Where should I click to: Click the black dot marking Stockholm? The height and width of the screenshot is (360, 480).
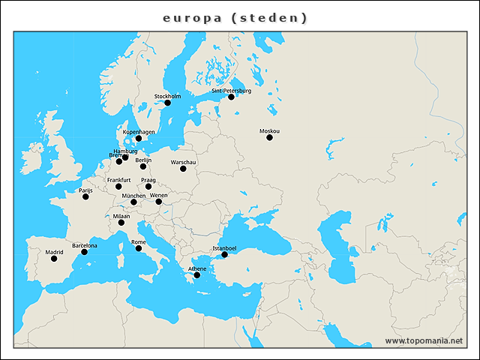(167, 103)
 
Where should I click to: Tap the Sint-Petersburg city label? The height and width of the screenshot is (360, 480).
(231, 91)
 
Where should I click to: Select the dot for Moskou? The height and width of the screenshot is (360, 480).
(269, 137)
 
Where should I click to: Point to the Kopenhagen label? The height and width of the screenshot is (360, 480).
(139, 132)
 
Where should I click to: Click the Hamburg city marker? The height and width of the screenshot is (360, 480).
(125, 157)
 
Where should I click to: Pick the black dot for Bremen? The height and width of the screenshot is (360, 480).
(119, 161)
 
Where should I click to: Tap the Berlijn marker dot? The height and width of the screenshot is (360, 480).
(143, 166)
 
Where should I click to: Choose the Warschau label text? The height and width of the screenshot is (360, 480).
(184, 162)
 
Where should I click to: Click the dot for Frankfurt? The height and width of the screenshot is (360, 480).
(118, 187)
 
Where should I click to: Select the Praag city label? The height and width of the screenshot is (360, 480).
(148, 180)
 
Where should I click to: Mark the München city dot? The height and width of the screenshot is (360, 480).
(133, 202)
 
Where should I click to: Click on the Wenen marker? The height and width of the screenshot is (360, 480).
(158, 202)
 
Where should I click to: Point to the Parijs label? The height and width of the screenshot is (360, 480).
(85, 190)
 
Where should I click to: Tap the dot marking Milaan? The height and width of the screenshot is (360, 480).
(121, 223)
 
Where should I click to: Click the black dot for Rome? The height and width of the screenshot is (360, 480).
(138, 248)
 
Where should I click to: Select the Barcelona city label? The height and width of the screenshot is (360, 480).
(84, 245)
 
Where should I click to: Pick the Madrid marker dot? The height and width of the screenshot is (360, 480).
(54, 259)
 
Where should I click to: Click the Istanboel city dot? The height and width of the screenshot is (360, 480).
(224, 255)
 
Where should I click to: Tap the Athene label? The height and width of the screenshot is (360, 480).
(197, 268)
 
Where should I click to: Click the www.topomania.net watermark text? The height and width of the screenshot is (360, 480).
(424, 340)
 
